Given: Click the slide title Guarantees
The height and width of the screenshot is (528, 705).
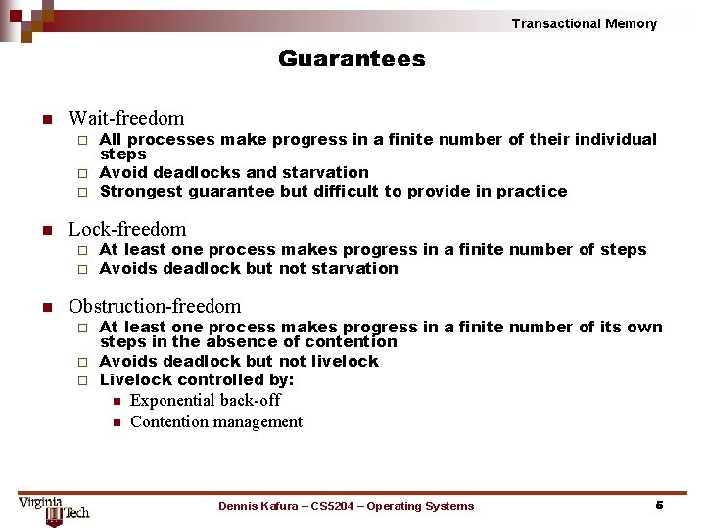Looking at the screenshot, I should [352, 59].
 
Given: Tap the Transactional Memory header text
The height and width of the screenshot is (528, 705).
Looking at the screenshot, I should [584, 23].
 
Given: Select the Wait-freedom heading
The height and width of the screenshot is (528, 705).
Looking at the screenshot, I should [125, 118].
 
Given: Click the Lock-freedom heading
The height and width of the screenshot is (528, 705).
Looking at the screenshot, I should [126, 229].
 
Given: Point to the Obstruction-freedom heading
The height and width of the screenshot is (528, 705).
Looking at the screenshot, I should [155, 305].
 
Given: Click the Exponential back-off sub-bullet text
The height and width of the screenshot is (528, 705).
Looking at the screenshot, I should [205, 400].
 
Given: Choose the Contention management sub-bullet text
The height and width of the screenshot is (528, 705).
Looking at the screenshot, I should [216, 421].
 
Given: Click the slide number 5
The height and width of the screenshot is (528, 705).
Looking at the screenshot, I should [659, 505].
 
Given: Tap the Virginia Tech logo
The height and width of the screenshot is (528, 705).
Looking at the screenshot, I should [53, 508].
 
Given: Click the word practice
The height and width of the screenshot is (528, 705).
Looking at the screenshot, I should [532, 191].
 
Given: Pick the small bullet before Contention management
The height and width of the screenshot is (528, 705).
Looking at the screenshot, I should [115, 422].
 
